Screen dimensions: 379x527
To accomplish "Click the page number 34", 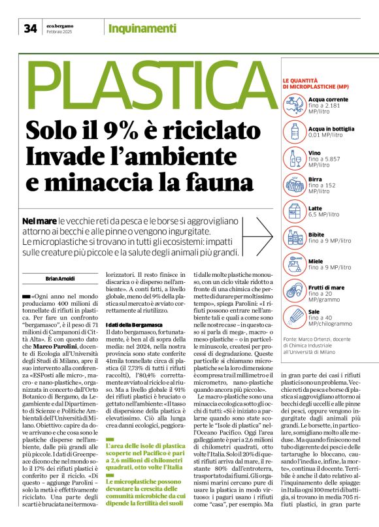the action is click(31, 28).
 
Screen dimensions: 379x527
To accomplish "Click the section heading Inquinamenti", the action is click(142, 28).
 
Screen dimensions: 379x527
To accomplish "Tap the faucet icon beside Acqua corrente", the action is click(294, 103).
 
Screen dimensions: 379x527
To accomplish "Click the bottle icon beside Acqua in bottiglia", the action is click(294, 131).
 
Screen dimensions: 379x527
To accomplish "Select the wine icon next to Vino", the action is click(294, 158).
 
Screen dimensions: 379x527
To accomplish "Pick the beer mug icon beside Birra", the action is click(294, 184).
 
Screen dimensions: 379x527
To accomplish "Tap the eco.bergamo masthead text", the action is click(59, 25).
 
